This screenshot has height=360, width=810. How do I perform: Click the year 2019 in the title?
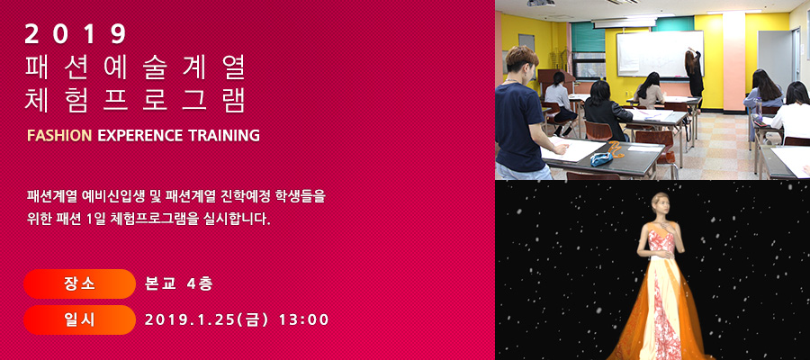[76, 34]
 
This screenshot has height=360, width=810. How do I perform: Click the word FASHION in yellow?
[59, 136]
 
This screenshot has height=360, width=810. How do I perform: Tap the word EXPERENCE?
[140, 136]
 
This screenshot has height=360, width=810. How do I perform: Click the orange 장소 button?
[79, 283]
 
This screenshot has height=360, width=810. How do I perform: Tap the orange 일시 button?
[79, 319]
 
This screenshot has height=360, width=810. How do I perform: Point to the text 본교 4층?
[179, 284]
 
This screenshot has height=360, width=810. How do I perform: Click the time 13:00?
[304, 319]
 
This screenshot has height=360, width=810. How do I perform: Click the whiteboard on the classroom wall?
[660, 54]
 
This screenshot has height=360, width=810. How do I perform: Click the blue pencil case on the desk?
[602, 158]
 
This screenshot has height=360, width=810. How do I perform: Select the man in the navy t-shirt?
[522, 113]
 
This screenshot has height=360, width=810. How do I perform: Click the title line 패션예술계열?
[135, 67]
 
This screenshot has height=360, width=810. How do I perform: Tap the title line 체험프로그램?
[135, 100]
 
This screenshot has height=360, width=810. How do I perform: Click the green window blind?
[588, 37]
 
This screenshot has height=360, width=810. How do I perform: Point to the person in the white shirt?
[791, 113]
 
